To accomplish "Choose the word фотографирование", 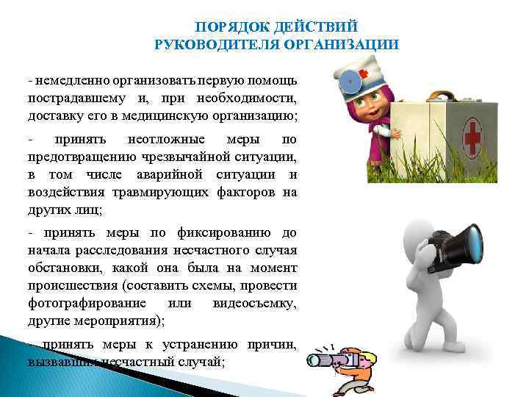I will coord(88,304).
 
